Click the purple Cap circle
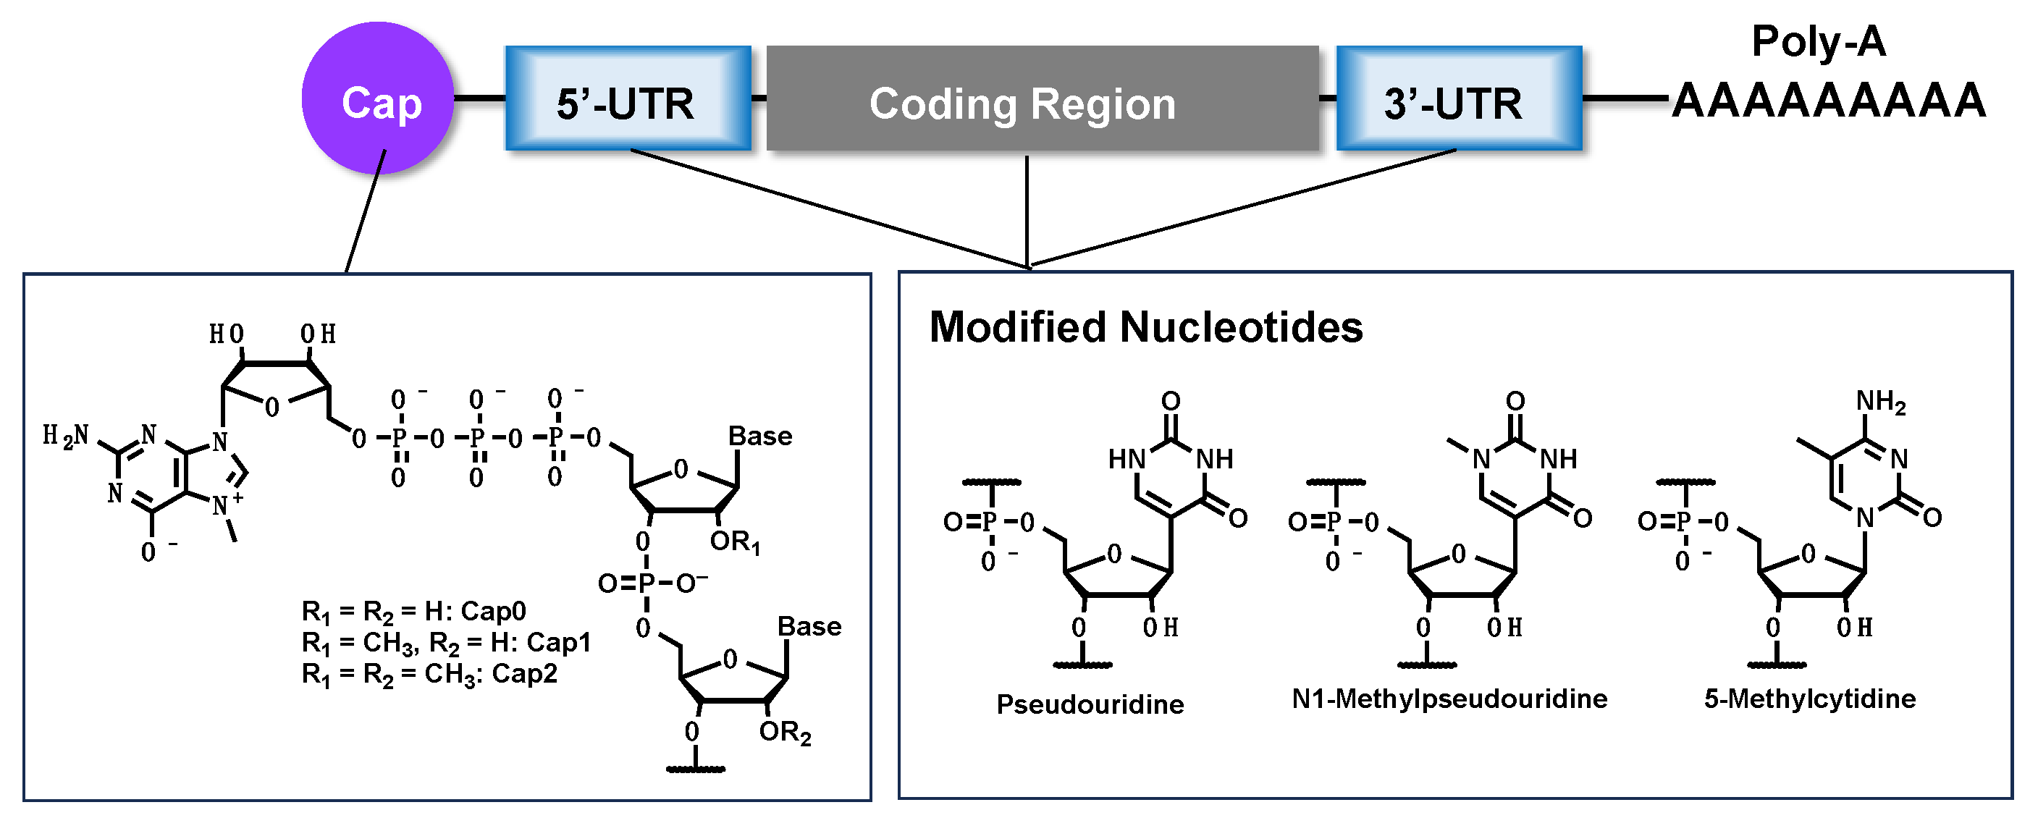click(x=378, y=99)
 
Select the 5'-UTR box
click(x=628, y=99)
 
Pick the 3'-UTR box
click(x=1459, y=99)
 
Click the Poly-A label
click(x=1818, y=41)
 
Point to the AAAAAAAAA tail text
click(x=1828, y=101)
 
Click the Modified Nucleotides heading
click(x=1145, y=326)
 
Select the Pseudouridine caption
click(x=1090, y=704)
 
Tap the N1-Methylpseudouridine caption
click(x=1449, y=699)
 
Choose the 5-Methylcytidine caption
click(x=1809, y=699)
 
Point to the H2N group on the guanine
click(x=66, y=436)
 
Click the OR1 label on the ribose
click(x=734, y=542)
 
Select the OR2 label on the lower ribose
click(x=784, y=733)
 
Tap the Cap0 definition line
click(x=414, y=612)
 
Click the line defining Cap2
click(x=429, y=675)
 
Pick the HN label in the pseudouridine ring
click(x=1127, y=459)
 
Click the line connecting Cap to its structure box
click(x=366, y=212)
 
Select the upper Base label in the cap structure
click(x=759, y=436)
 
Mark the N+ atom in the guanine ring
click(x=224, y=504)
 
